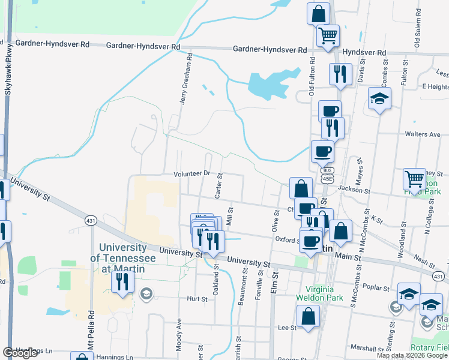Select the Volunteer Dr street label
click(191, 173)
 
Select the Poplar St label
click(378, 288)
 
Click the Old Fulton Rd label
click(312, 77)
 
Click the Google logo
click(20, 353)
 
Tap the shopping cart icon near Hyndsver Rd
click(328, 36)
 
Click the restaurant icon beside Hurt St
click(122, 281)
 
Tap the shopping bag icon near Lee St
click(308, 316)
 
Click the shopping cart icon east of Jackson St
click(414, 179)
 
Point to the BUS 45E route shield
click(327, 175)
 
